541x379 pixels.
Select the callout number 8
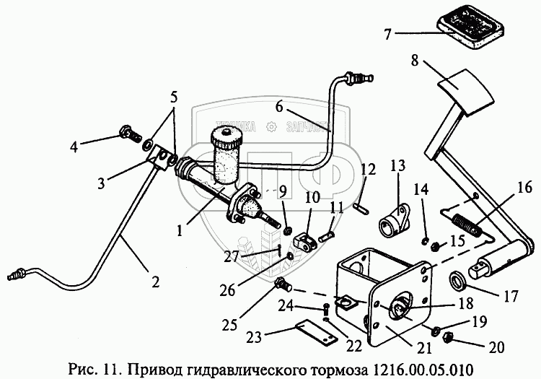point(415,62)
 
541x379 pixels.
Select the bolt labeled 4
point(127,134)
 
